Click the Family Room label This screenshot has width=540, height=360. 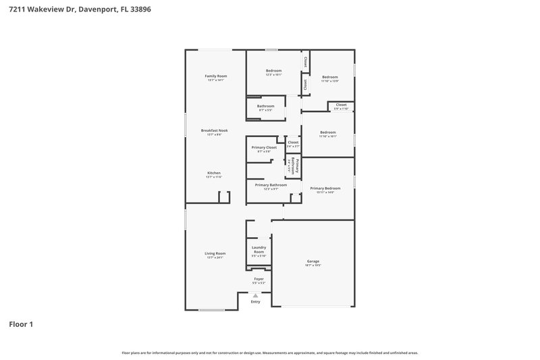tap(216, 76)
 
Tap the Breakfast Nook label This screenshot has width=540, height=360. tap(214, 130)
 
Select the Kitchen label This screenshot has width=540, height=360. tap(214, 173)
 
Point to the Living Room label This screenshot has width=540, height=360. tap(215, 253)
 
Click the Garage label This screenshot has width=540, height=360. tap(313, 261)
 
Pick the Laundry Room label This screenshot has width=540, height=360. tap(259, 250)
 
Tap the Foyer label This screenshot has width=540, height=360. tap(259, 278)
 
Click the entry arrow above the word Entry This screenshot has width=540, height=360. tap(255, 295)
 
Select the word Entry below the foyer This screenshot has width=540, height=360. tap(255, 302)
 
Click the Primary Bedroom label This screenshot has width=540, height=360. tap(325, 188)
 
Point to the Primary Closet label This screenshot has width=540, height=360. tap(264, 147)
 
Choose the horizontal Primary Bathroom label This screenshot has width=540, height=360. tap(271, 184)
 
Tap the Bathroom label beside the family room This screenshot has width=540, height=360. tap(265, 105)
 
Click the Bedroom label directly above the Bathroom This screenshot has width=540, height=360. tap(273, 71)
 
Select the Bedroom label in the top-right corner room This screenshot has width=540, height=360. tap(329, 77)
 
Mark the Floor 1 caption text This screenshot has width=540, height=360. tap(21, 324)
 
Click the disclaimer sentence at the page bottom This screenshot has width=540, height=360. tap(270, 353)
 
